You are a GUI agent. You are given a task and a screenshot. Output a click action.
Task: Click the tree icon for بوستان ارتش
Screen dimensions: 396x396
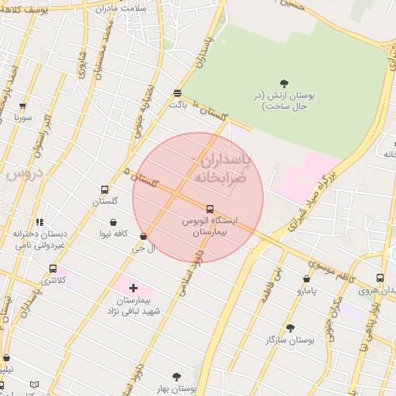284,84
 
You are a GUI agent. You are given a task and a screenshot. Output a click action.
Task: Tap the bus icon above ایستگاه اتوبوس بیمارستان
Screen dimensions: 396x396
210,208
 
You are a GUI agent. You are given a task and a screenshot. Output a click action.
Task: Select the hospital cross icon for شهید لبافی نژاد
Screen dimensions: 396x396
133,288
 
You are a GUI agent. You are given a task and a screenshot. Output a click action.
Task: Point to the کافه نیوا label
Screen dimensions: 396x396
111,233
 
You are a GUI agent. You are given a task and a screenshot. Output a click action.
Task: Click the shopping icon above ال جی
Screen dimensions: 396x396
143,237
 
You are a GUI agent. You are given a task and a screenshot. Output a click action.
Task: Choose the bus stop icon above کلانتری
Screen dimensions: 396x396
53,268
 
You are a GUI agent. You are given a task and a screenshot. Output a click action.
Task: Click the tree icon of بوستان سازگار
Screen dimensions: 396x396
290,328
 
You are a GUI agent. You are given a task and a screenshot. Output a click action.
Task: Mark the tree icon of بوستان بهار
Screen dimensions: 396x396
176,377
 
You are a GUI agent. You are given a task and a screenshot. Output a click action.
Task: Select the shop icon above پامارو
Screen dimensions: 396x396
307,279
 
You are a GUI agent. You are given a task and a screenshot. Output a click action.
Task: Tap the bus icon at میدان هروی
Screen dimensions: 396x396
380,278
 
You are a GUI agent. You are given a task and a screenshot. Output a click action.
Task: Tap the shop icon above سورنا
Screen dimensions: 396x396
22,106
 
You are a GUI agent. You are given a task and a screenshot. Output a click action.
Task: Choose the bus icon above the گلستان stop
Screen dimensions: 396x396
105,189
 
